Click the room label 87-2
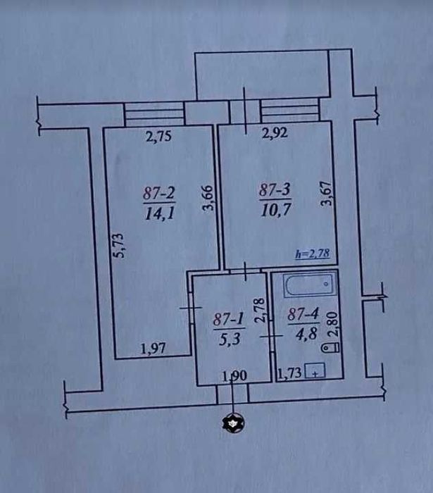click(158, 193)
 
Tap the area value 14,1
click(160, 214)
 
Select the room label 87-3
click(275, 190)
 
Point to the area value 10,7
click(276, 210)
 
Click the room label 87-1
click(229, 320)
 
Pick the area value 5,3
click(230, 339)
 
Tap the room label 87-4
click(303, 314)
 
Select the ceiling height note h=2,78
click(313, 254)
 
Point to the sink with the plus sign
click(315, 370)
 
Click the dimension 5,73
click(119, 246)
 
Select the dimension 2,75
click(159, 137)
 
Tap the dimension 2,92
click(275, 133)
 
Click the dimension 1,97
click(153, 349)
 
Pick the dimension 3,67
click(326, 194)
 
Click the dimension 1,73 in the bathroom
click(289, 373)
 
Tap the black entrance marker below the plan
click(233, 423)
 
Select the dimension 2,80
click(334, 325)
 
